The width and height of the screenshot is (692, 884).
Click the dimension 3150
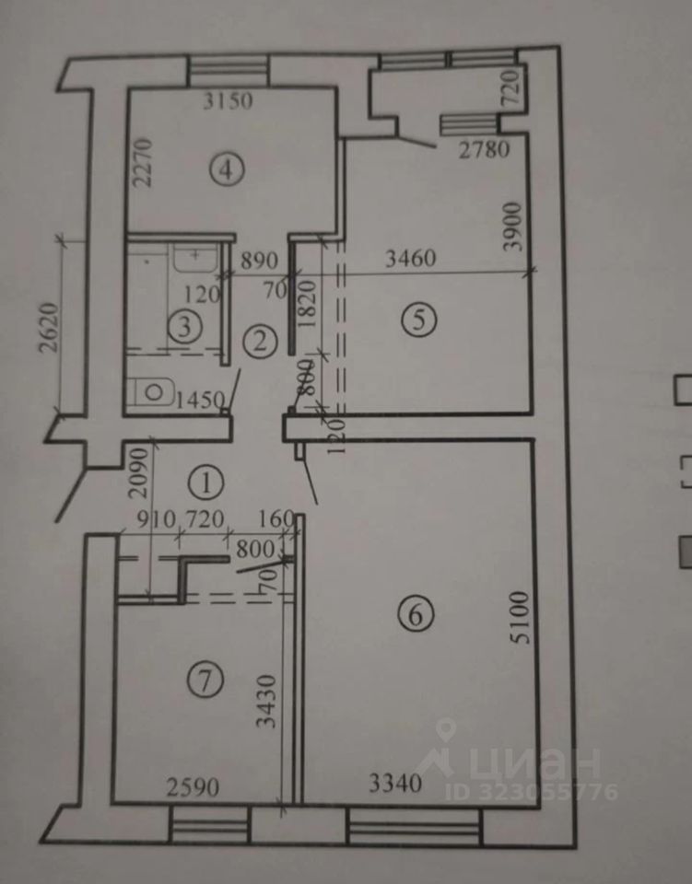click(x=227, y=102)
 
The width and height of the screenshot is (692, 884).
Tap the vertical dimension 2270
click(x=141, y=163)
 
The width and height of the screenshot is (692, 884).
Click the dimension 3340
click(x=395, y=785)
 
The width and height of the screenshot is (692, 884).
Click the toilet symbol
click(x=149, y=393)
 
